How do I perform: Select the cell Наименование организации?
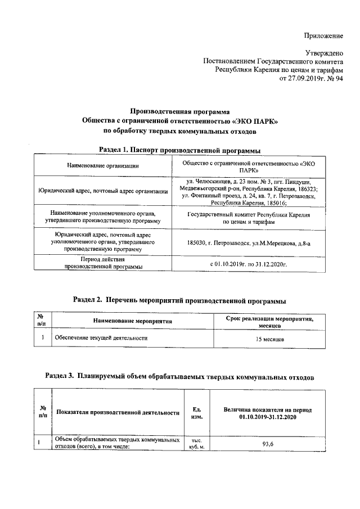pos(103,165)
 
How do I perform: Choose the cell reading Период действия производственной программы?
pos(103,263)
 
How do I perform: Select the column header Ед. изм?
pos(197,413)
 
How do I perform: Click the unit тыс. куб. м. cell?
pos(197,443)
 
